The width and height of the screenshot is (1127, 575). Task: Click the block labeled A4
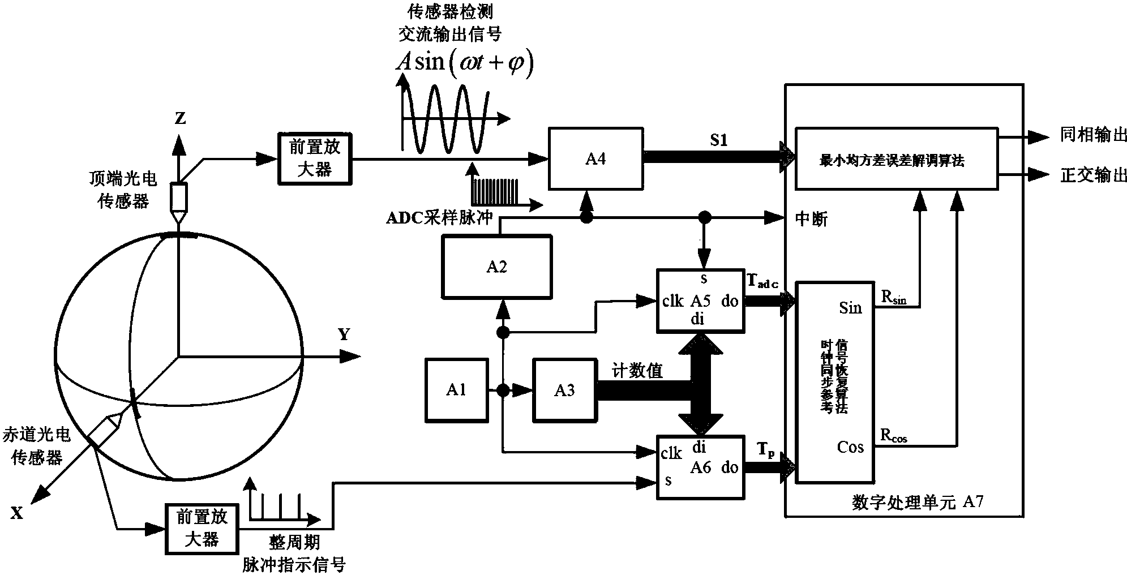click(595, 159)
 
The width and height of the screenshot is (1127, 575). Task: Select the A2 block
click(496, 267)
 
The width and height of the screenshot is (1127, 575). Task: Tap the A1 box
click(456, 390)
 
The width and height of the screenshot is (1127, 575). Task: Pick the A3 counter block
click(564, 391)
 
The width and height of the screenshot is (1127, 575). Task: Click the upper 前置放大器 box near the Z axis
click(315, 159)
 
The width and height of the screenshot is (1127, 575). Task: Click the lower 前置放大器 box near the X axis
click(202, 528)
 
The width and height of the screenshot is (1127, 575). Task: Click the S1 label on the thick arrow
click(718, 140)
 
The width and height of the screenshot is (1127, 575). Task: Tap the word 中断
click(811, 220)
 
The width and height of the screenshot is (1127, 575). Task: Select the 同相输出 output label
click(1093, 136)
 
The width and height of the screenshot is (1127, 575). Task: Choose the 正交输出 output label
click(1093, 175)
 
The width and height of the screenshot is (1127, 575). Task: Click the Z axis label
click(180, 119)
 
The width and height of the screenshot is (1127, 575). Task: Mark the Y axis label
click(344, 335)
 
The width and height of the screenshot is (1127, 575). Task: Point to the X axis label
click(17, 513)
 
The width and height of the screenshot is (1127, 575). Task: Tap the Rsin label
click(893, 297)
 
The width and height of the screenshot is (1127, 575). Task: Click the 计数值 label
click(637, 371)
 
